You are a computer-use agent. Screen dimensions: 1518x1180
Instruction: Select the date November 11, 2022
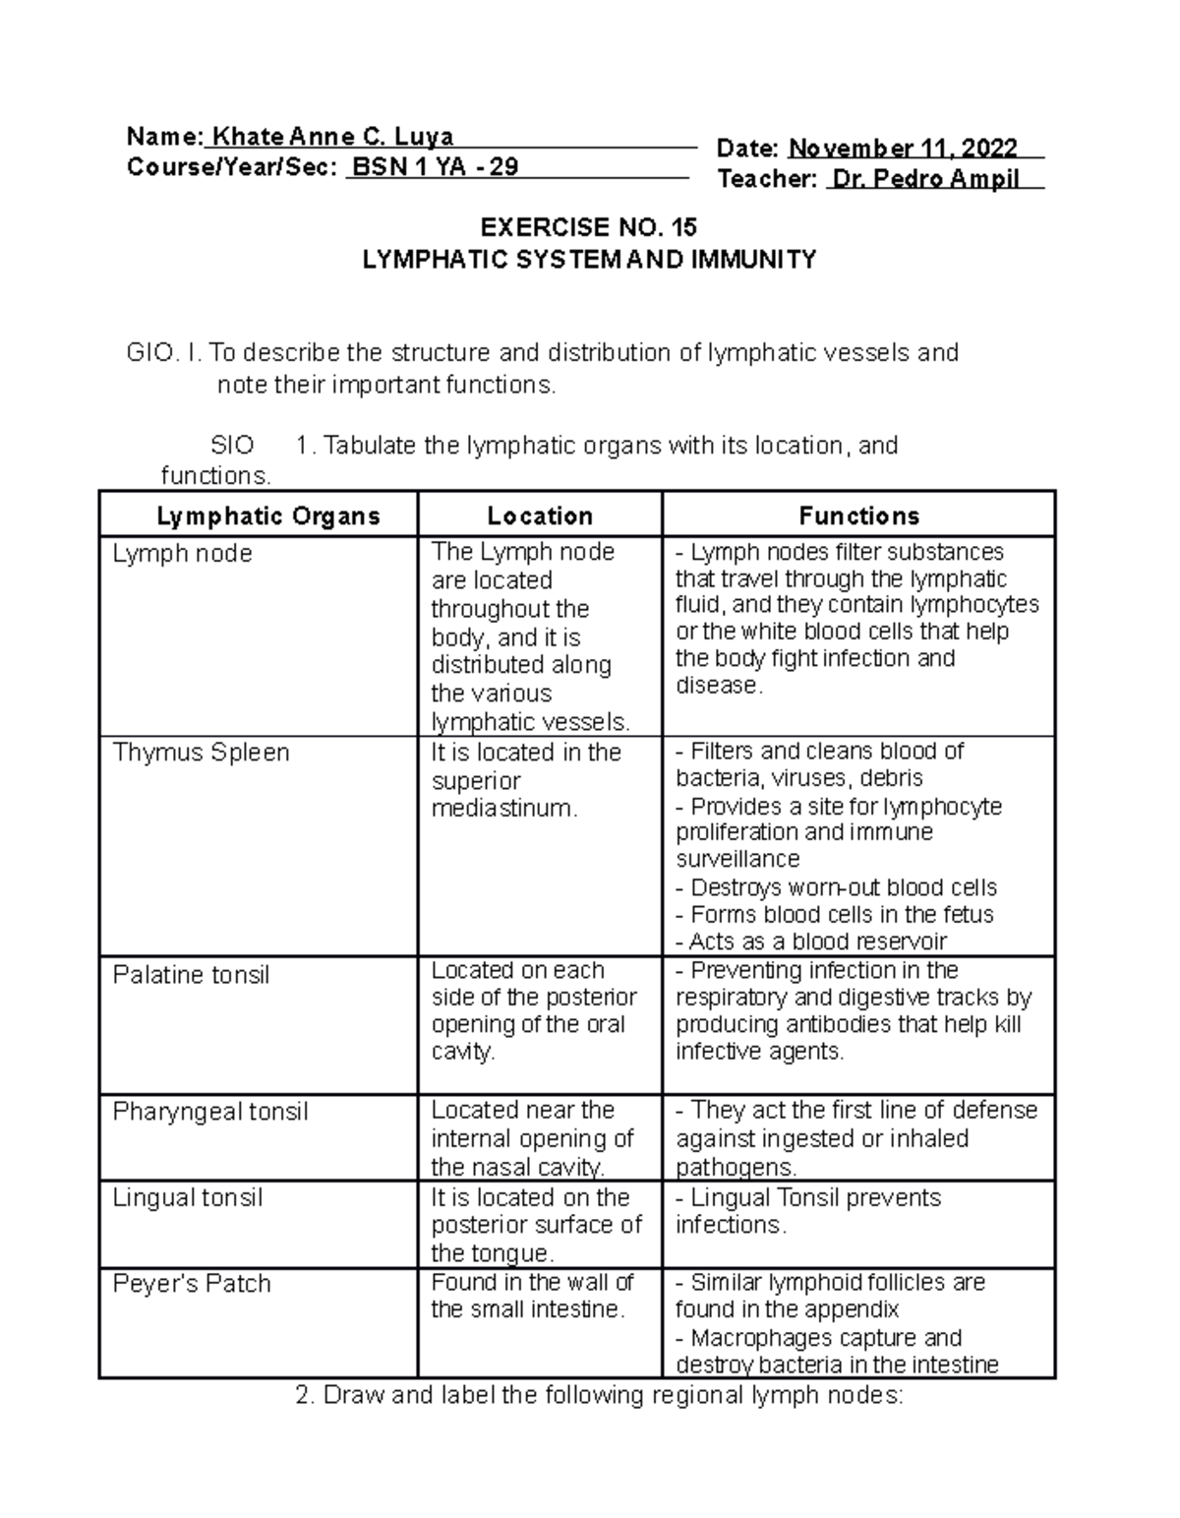click(903, 149)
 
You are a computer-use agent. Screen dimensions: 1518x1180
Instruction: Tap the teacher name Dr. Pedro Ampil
click(924, 179)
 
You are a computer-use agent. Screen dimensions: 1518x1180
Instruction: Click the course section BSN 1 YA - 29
click(435, 166)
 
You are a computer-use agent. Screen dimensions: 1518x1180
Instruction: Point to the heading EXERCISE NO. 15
click(588, 227)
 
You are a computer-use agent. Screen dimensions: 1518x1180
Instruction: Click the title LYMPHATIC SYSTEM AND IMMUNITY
click(589, 260)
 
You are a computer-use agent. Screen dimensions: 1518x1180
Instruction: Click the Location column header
click(540, 516)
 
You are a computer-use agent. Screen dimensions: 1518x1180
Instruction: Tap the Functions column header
click(858, 516)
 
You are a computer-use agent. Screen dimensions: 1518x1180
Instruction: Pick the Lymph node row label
click(182, 554)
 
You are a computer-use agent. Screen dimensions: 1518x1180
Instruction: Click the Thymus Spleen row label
click(201, 753)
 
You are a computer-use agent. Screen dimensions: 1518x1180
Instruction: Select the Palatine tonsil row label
click(191, 975)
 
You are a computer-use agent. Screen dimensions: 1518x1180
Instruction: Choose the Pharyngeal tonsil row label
click(209, 1112)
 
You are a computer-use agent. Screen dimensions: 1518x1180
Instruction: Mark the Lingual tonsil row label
click(187, 1197)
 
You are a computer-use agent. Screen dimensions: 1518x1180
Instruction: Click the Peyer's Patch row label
click(191, 1284)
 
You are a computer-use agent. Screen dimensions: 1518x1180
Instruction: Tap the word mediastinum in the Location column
click(502, 809)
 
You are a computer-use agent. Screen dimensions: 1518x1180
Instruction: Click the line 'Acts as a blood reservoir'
click(811, 941)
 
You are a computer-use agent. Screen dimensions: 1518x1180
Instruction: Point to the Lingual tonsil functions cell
click(807, 1211)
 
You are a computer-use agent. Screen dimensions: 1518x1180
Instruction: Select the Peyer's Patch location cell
click(531, 1296)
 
